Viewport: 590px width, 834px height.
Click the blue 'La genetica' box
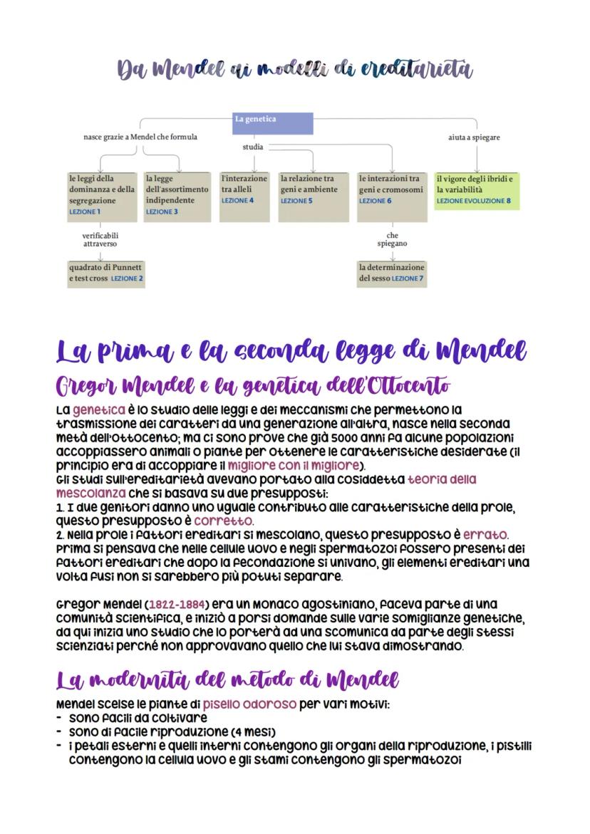tap(274, 123)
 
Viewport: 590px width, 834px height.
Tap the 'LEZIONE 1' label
tap(85, 212)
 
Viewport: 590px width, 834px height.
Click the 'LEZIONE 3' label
tap(162, 212)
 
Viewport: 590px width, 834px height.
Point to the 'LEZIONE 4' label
tap(237, 201)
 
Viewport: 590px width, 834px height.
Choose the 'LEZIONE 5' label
tap(296, 201)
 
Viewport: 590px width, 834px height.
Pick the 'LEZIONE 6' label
tap(375, 201)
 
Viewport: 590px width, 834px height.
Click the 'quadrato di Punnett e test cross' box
tap(105, 273)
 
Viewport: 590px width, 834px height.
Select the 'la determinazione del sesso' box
tap(391, 273)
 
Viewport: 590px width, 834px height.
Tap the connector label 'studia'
tap(253, 147)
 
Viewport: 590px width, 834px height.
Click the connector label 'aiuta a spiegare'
tap(474, 137)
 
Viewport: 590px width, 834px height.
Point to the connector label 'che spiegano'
tap(392, 239)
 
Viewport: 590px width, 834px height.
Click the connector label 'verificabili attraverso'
tap(100, 239)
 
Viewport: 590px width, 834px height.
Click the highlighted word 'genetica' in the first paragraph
tap(95, 410)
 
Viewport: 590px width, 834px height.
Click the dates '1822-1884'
tap(176, 605)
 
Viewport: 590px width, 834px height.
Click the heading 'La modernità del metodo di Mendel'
tap(227, 679)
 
